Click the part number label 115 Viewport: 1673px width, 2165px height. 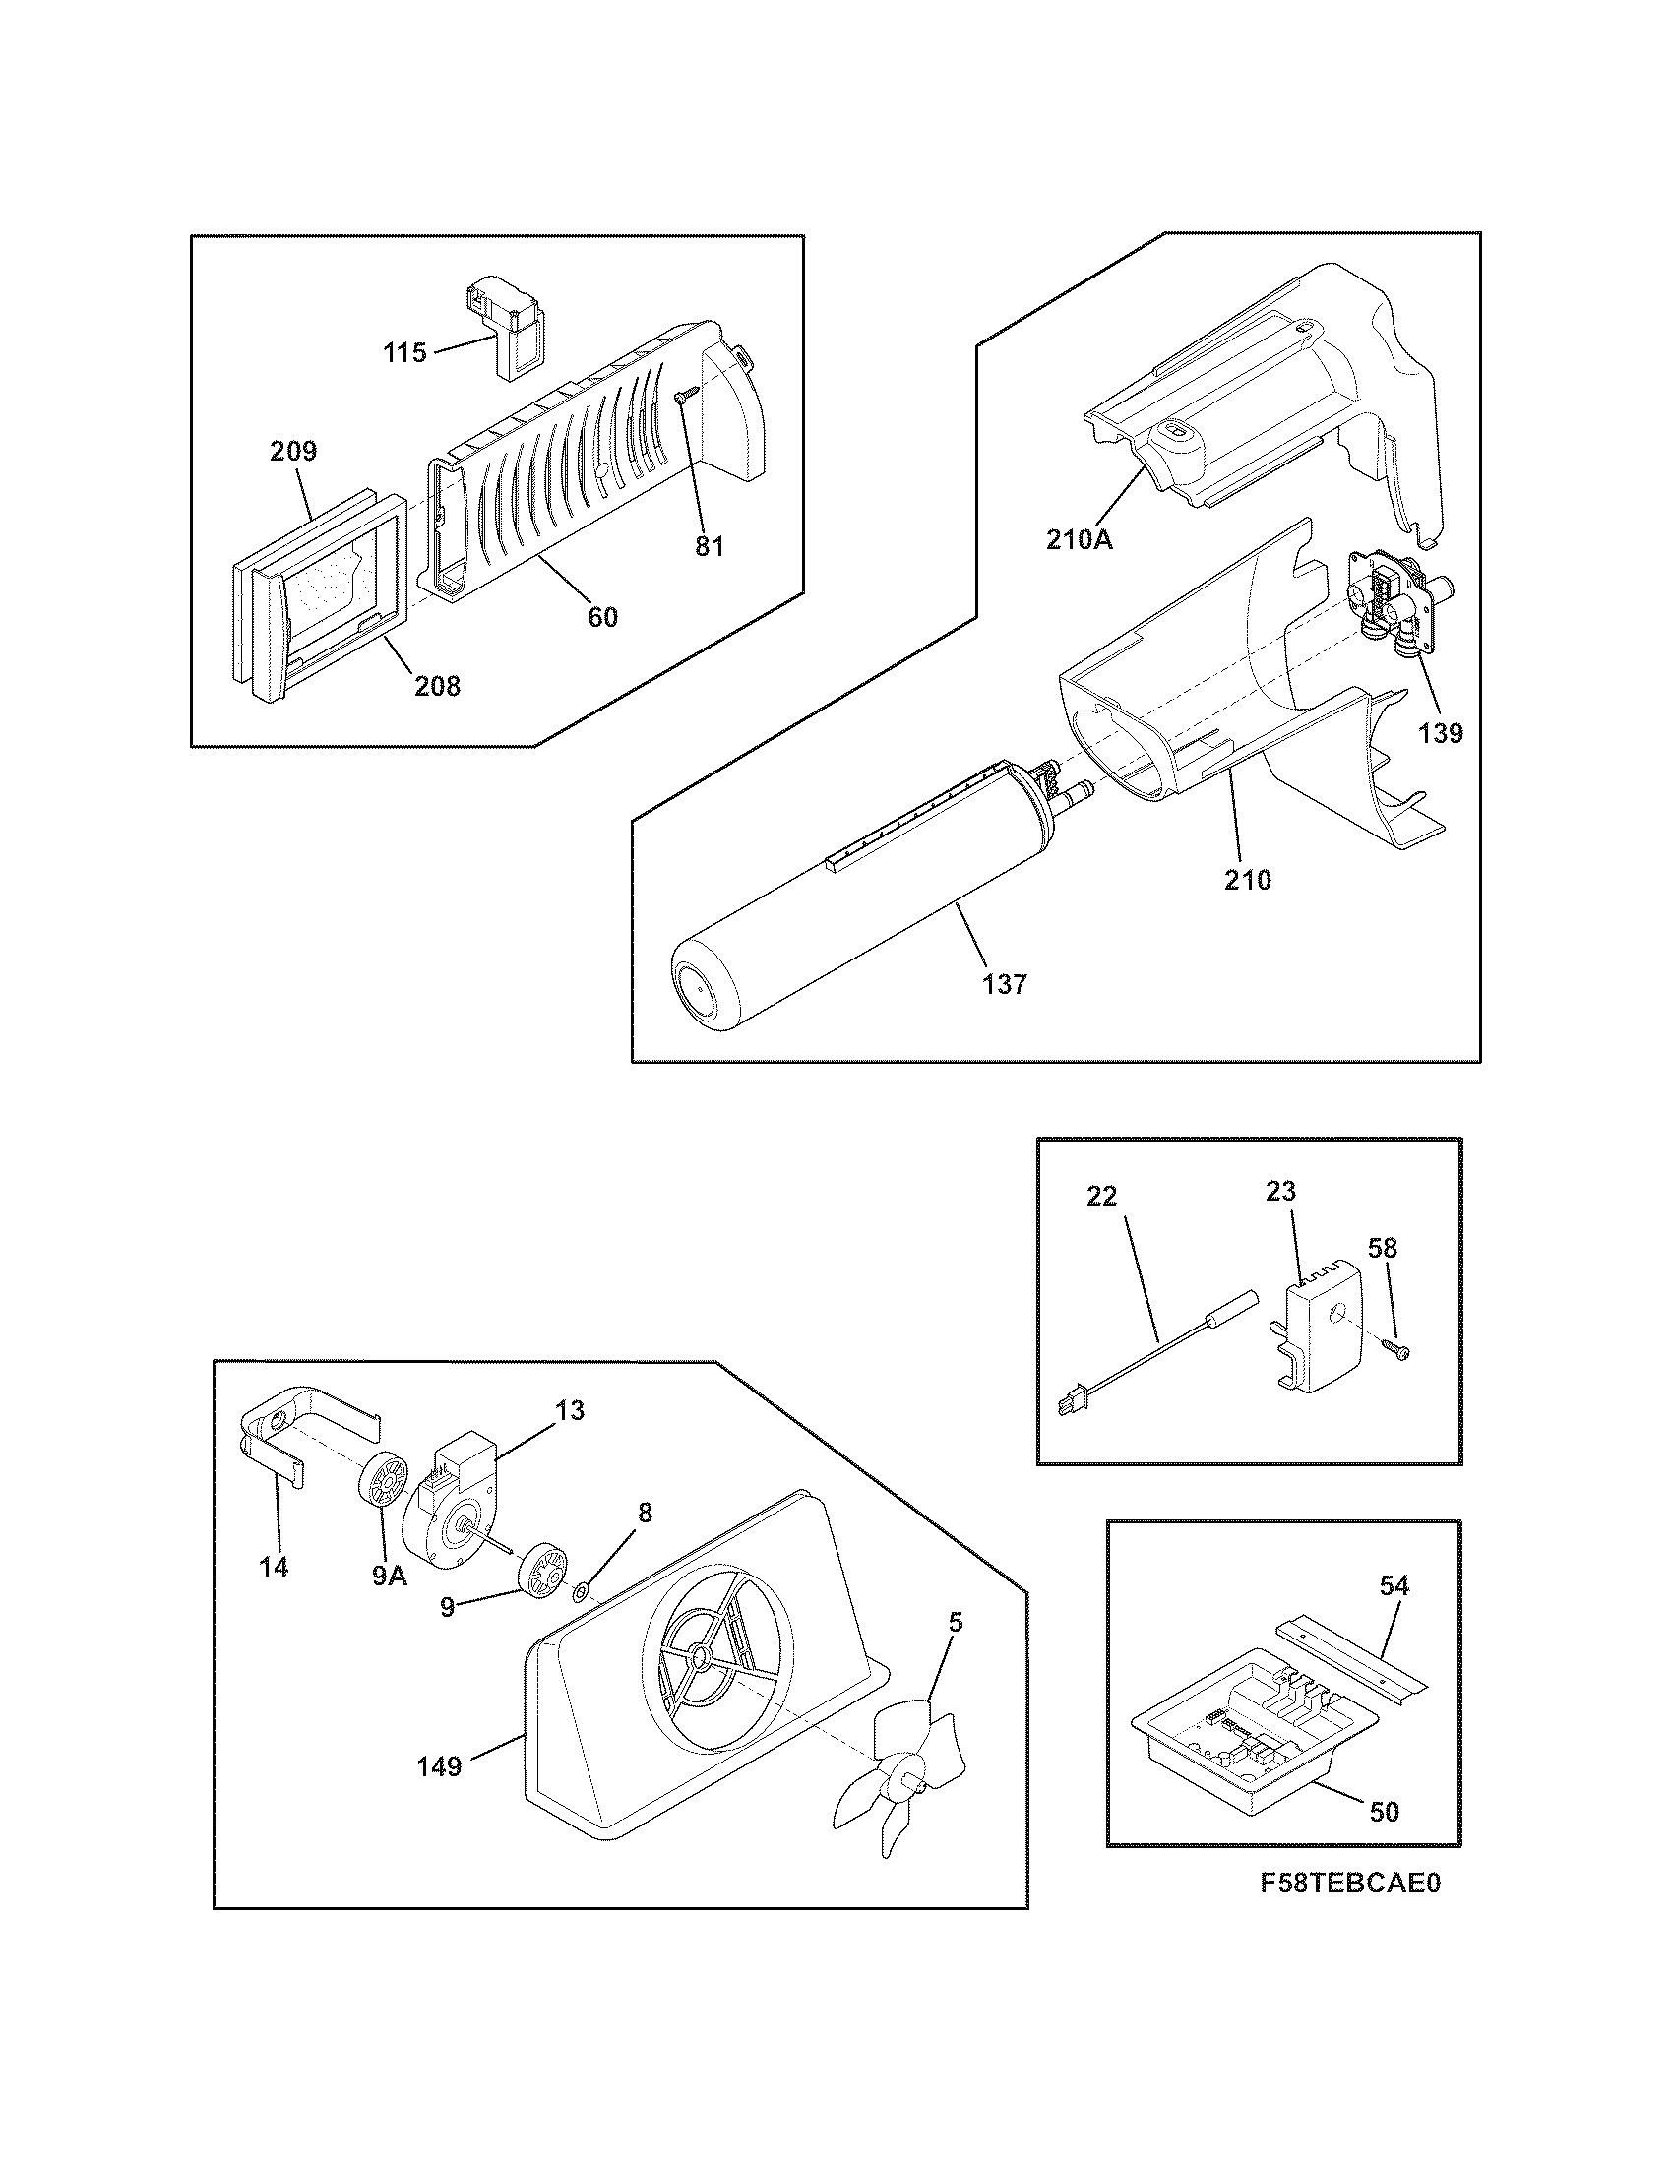[x=405, y=353]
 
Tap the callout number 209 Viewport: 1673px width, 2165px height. [x=293, y=452]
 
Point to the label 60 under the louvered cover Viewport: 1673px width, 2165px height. [x=602, y=617]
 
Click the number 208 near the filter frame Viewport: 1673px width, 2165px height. [x=437, y=686]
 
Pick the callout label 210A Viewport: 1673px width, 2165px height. [x=1079, y=540]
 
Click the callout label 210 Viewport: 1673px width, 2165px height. [x=1247, y=879]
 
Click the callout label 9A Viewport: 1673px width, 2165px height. [x=390, y=1577]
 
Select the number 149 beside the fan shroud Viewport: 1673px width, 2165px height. [x=439, y=1766]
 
